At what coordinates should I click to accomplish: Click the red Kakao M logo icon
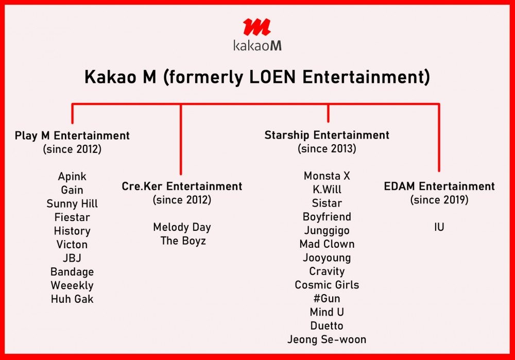(257, 27)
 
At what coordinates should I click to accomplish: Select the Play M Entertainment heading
(72, 135)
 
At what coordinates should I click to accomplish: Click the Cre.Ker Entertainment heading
(182, 186)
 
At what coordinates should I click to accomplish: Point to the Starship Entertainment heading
(327, 135)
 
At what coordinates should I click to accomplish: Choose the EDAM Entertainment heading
(439, 186)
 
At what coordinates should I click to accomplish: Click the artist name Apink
(72, 177)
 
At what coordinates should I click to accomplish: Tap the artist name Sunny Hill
(72, 203)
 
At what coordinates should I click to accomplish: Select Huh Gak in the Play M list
(72, 299)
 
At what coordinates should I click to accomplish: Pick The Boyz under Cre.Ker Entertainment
(183, 241)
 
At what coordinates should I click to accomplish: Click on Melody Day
(182, 227)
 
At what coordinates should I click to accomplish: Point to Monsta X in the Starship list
(327, 176)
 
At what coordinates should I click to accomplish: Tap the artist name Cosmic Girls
(327, 285)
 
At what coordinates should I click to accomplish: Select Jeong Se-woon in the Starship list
(327, 339)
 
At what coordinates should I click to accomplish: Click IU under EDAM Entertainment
(439, 227)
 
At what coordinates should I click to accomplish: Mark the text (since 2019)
(439, 200)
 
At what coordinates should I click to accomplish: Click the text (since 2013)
(327, 148)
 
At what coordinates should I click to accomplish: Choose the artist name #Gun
(327, 298)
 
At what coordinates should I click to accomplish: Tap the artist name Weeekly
(72, 285)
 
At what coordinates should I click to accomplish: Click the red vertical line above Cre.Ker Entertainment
(181, 140)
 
